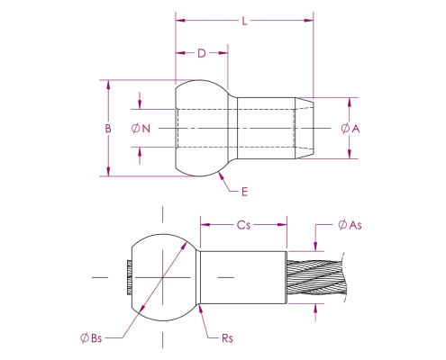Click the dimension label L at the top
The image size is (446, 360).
[x=245, y=21]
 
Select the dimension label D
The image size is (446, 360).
[x=202, y=53]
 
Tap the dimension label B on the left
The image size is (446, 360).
[x=108, y=129]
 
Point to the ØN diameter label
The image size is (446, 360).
[x=141, y=129]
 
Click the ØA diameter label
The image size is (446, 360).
[x=350, y=129]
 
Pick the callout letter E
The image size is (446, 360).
[x=244, y=192]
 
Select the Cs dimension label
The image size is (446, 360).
[x=243, y=225]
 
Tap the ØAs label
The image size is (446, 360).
[x=350, y=225]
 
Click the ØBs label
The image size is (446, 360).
[x=91, y=338]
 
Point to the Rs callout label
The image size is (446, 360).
[x=227, y=338]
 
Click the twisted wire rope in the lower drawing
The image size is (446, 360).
[x=316, y=277]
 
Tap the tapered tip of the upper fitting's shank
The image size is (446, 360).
[x=305, y=128]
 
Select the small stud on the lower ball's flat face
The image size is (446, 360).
[x=130, y=277]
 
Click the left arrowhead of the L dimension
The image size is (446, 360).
[x=180, y=21]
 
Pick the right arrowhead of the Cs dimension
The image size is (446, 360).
[x=282, y=225]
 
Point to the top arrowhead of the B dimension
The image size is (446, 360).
[x=108, y=85]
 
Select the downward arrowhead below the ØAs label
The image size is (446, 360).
[x=315, y=247]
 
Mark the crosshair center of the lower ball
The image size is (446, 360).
[x=163, y=277]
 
